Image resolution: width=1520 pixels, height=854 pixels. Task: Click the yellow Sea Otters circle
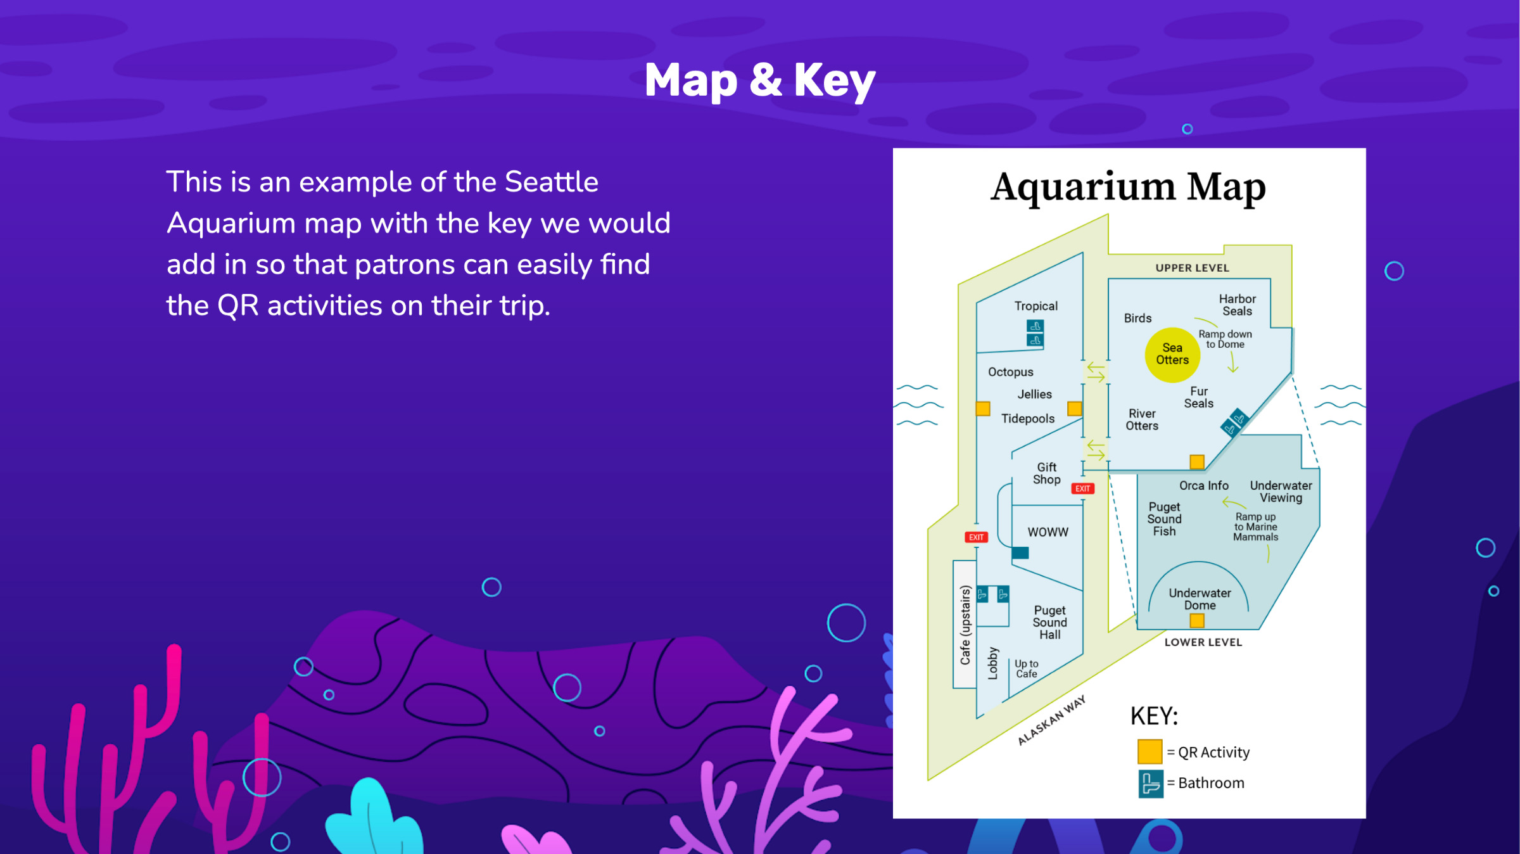coord(1172,355)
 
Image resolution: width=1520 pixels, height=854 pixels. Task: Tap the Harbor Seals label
coord(1238,305)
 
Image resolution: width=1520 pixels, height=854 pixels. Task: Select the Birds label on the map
coord(1137,318)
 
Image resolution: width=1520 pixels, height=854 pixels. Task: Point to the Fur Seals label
coord(1199,397)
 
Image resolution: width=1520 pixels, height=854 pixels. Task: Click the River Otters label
coord(1142,419)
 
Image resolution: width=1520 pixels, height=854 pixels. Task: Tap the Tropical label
coord(1036,306)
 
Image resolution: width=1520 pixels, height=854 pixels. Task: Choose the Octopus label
coord(1011,372)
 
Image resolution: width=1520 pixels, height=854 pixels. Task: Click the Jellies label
coord(1035,394)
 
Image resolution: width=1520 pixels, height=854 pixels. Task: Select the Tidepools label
coord(1028,419)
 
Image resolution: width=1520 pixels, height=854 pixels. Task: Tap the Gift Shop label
coord(1047,473)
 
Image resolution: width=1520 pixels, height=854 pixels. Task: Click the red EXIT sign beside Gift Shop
coord(1082,488)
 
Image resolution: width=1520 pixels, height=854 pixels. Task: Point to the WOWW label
coord(1048,532)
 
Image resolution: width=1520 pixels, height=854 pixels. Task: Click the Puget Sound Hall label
coord(1049,622)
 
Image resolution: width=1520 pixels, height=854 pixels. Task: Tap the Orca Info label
coord(1203,485)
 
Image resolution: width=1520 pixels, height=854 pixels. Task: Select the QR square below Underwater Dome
coord(1197,620)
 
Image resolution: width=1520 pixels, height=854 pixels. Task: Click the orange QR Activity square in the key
coord(1149,751)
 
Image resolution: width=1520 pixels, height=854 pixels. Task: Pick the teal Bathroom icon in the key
coord(1151,784)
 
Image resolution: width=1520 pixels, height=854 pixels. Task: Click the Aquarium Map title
coord(1129,188)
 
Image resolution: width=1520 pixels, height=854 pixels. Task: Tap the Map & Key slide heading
coord(760,81)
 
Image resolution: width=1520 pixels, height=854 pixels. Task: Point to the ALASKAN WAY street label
coord(1051,720)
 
